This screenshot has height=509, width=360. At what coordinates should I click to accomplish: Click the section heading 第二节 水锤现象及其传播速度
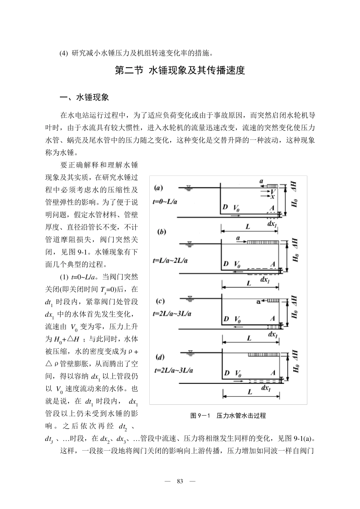[x=180, y=70]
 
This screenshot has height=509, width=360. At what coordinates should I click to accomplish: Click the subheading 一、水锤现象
[x=85, y=97]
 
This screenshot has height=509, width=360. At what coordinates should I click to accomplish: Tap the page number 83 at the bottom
[x=180, y=481]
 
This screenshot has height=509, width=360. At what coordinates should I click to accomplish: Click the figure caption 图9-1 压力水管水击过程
[x=228, y=416]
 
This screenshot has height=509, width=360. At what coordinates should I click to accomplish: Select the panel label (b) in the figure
[x=162, y=232]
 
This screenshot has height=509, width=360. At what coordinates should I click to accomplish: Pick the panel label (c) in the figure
[x=160, y=301]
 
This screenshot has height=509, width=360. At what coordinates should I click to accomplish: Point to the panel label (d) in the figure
[x=160, y=357]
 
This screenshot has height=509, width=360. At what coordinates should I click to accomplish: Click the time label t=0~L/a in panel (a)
[x=165, y=202]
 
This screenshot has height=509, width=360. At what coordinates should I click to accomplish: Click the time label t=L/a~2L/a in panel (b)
[x=170, y=260]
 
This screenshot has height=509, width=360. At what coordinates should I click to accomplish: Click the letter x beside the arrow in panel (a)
[x=272, y=197]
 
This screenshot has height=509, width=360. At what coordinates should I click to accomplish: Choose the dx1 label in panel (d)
[x=266, y=388]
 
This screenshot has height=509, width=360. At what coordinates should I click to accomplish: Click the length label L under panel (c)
[x=249, y=338]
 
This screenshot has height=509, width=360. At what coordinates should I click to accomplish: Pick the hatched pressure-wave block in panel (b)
[x=263, y=241]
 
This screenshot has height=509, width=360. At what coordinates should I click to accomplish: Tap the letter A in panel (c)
[x=272, y=319]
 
